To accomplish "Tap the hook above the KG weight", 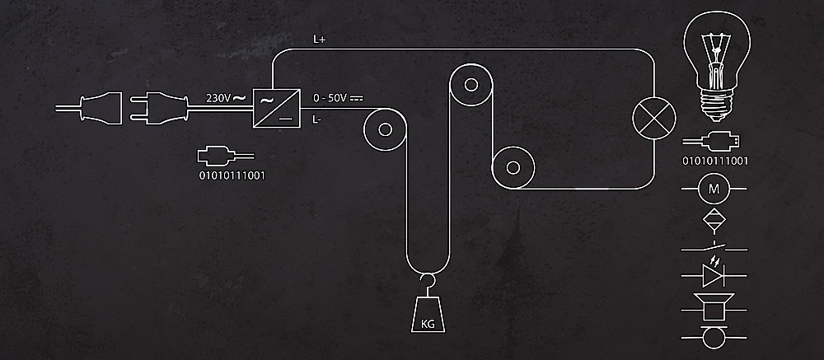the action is point(427,283).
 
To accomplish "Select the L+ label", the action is point(320,40).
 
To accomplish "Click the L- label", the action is point(317,119).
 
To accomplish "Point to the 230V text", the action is point(218,98).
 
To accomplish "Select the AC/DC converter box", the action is point(277,108).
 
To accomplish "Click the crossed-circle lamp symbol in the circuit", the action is point(653,119).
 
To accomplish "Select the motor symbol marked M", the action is point(714,188).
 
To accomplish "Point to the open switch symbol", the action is point(714,247).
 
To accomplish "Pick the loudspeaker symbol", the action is point(714,307).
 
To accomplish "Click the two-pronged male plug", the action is point(159,109).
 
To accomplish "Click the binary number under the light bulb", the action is point(714,161).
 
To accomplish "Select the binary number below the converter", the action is point(232,175).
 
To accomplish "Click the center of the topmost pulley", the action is point(471,84).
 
